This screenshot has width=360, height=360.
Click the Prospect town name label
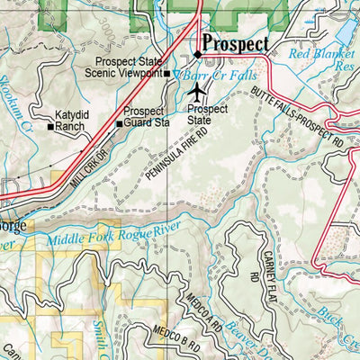(x=236, y=42)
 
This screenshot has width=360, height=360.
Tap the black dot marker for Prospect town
(x=197, y=54)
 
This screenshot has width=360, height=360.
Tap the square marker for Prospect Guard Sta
(x=118, y=123)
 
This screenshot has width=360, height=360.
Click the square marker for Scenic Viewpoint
(x=168, y=73)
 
